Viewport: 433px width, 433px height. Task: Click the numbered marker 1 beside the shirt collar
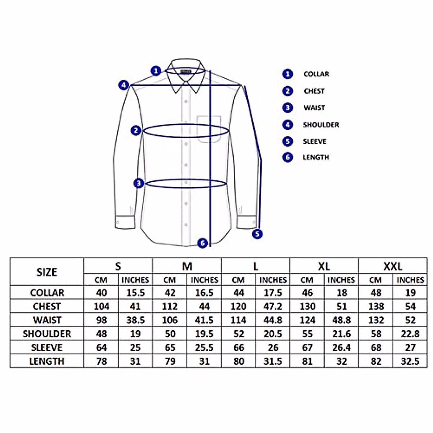156,70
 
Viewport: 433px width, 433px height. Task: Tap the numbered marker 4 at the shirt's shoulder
124,86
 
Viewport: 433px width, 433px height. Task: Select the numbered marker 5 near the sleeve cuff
257,234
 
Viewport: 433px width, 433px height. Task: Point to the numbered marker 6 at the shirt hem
203,243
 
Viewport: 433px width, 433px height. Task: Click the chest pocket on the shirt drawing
209,129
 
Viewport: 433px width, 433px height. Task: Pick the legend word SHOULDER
321,125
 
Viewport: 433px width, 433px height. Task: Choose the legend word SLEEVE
314,141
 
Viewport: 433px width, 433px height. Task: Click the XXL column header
393,267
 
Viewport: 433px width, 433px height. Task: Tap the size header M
187,267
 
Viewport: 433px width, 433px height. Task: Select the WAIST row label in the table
47,320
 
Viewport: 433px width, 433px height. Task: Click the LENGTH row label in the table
47,361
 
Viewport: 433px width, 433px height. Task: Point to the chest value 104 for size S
101,306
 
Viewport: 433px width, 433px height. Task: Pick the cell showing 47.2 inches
273,306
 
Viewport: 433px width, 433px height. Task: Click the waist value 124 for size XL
307,320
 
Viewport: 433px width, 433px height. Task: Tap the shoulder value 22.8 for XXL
410,334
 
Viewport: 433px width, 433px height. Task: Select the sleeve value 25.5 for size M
204,347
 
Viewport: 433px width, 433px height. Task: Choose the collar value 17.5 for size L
273,293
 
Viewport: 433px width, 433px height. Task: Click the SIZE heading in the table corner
47,272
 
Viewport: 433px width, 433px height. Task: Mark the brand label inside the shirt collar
186,71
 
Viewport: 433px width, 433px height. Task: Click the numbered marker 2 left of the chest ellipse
136,130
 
